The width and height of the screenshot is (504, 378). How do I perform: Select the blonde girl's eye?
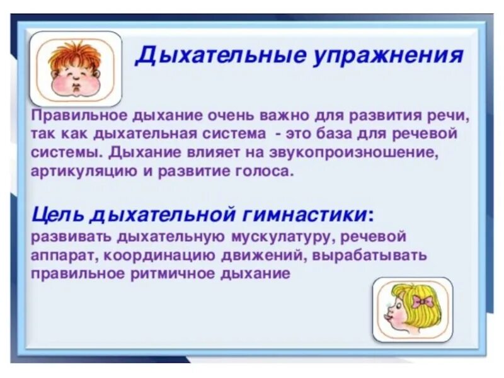[x=401, y=303]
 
